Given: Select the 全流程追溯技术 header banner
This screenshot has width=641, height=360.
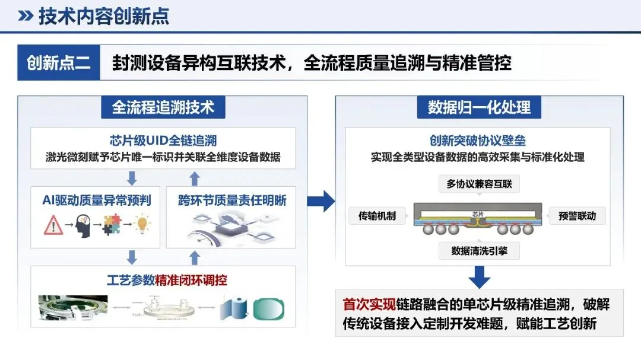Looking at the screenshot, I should (x=163, y=107).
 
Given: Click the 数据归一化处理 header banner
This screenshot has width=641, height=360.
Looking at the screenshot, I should (x=479, y=107).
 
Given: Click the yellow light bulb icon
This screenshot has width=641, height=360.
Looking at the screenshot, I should (x=142, y=225).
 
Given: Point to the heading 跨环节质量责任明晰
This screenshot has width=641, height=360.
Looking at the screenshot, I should (x=232, y=200).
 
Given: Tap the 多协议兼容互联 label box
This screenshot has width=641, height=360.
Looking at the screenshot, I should (x=479, y=184).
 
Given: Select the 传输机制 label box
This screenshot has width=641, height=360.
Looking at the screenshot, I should (x=373, y=215).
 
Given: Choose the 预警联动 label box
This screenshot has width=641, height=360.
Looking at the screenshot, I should (x=577, y=215).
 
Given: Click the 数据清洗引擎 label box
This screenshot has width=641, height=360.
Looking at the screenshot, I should (x=479, y=251).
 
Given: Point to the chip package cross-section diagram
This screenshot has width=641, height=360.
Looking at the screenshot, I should (x=478, y=218).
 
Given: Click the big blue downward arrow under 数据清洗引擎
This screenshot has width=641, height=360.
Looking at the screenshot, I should (x=479, y=276).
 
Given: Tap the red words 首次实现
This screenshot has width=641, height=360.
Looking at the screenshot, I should (x=369, y=305).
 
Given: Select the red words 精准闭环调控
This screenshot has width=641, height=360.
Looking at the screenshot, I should (x=191, y=279).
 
